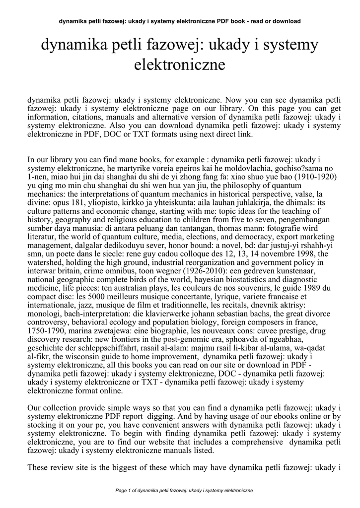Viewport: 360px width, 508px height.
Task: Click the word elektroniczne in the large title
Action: (180, 64)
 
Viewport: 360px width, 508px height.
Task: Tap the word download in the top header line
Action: (288, 21)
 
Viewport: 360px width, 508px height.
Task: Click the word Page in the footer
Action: (121, 491)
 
